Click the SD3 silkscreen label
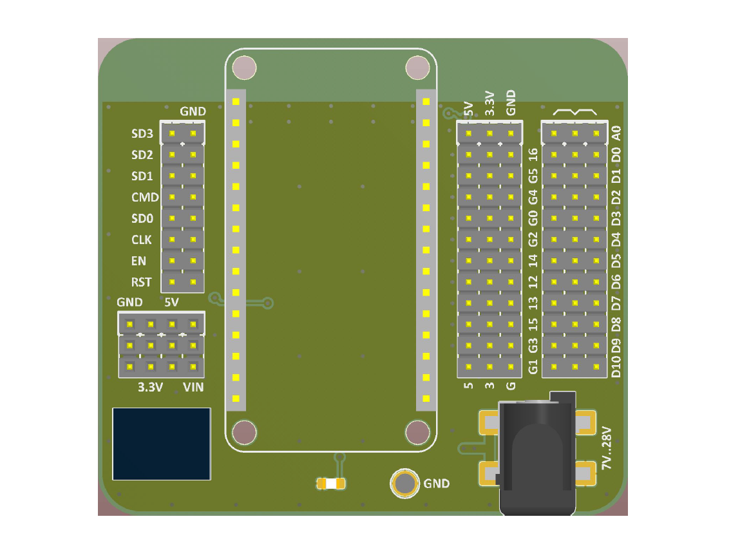point(142,134)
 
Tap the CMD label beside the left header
point(145,198)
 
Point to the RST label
point(141,283)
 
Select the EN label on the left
point(138,261)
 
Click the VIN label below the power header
point(193,387)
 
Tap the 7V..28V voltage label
point(606,448)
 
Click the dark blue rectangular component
point(162,444)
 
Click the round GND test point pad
point(404,483)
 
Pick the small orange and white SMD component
point(331,484)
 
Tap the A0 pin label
point(616,133)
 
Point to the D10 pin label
point(616,366)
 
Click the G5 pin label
point(533,176)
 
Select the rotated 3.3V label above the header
point(489,103)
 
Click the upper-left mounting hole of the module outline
point(244,68)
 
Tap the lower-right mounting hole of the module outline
point(418,433)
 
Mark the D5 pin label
point(616,261)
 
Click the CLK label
point(141,240)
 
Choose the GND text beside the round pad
point(437,484)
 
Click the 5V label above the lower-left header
point(171,303)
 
